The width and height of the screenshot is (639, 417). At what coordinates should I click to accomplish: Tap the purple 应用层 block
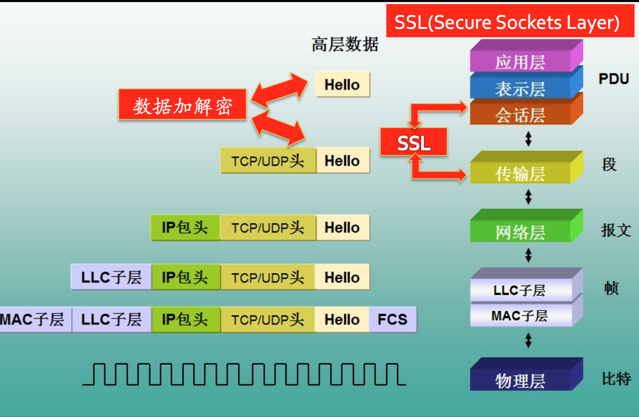pyautogui.click(x=521, y=61)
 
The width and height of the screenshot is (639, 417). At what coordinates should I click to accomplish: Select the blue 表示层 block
pyautogui.click(x=521, y=88)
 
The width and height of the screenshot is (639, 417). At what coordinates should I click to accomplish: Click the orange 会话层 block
pyautogui.click(x=521, y=114)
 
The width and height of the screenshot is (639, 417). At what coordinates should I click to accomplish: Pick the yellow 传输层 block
pyautogui.click(x=521, y=173)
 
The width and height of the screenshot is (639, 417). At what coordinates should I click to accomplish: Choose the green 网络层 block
pyautogui.click(x=521, y=231)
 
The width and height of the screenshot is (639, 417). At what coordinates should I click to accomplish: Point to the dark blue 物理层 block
pyautogui.click(x=521, y=380)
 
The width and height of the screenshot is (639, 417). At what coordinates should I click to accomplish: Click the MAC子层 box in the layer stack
pyautogui.click(x=520, y=315)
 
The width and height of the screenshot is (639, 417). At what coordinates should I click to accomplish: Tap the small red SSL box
pyautogui.click(x=413, y=142)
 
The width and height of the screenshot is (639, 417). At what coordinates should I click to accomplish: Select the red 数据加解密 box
pyautogui.click(x=183, y=105)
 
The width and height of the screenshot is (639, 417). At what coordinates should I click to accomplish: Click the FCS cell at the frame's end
pyautogui.click(x=392, y=319)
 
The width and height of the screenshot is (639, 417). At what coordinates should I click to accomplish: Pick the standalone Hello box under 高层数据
pyautogui.click(x=342, y=85)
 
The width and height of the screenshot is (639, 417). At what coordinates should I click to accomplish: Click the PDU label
pyautogui.click(x=613, y=78)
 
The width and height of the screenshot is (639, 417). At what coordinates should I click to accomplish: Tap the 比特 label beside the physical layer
pyautogui.click(x=616, y=378)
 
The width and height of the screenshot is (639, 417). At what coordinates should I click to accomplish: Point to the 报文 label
pyautogui.click(x=616, y=230)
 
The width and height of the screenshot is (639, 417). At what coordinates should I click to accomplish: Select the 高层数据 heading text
pyautogui.click(x=345, y=44)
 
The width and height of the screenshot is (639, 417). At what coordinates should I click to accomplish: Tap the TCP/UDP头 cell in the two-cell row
pyautogui.click(x=268, y=161)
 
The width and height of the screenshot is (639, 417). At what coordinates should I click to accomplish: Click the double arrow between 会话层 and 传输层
pyautogui.click(x=528, y=139)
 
